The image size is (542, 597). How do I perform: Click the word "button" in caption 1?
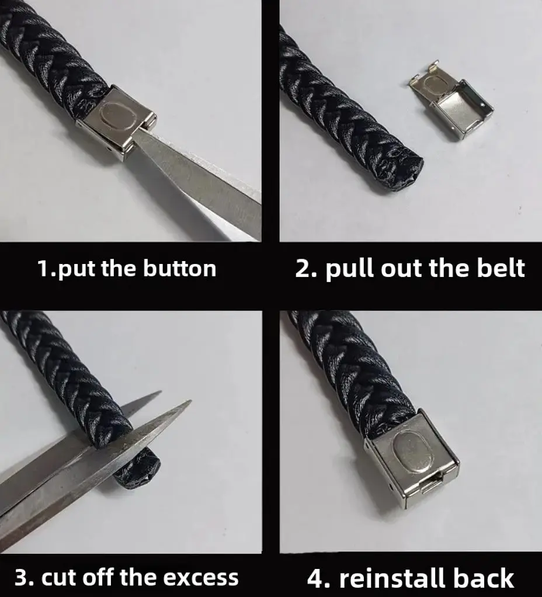pyautogui.click(x=179, y=268)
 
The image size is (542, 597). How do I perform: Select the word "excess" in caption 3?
pyautogui.click(x=200, y=577)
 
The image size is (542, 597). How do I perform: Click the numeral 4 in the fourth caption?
pyautogui.click(x=315, y=578)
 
